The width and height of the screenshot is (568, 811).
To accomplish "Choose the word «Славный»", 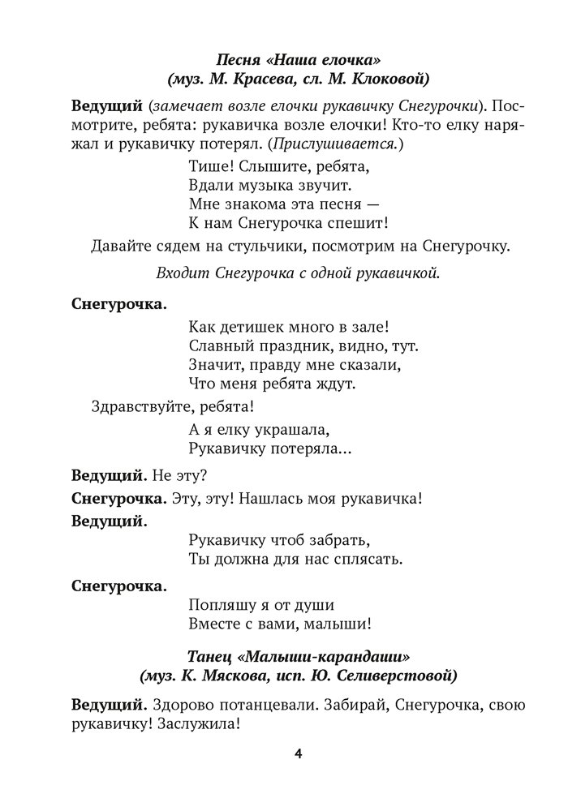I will click(x=218, y=347).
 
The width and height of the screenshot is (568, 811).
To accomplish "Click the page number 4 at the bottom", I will click(x=299, y=754).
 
